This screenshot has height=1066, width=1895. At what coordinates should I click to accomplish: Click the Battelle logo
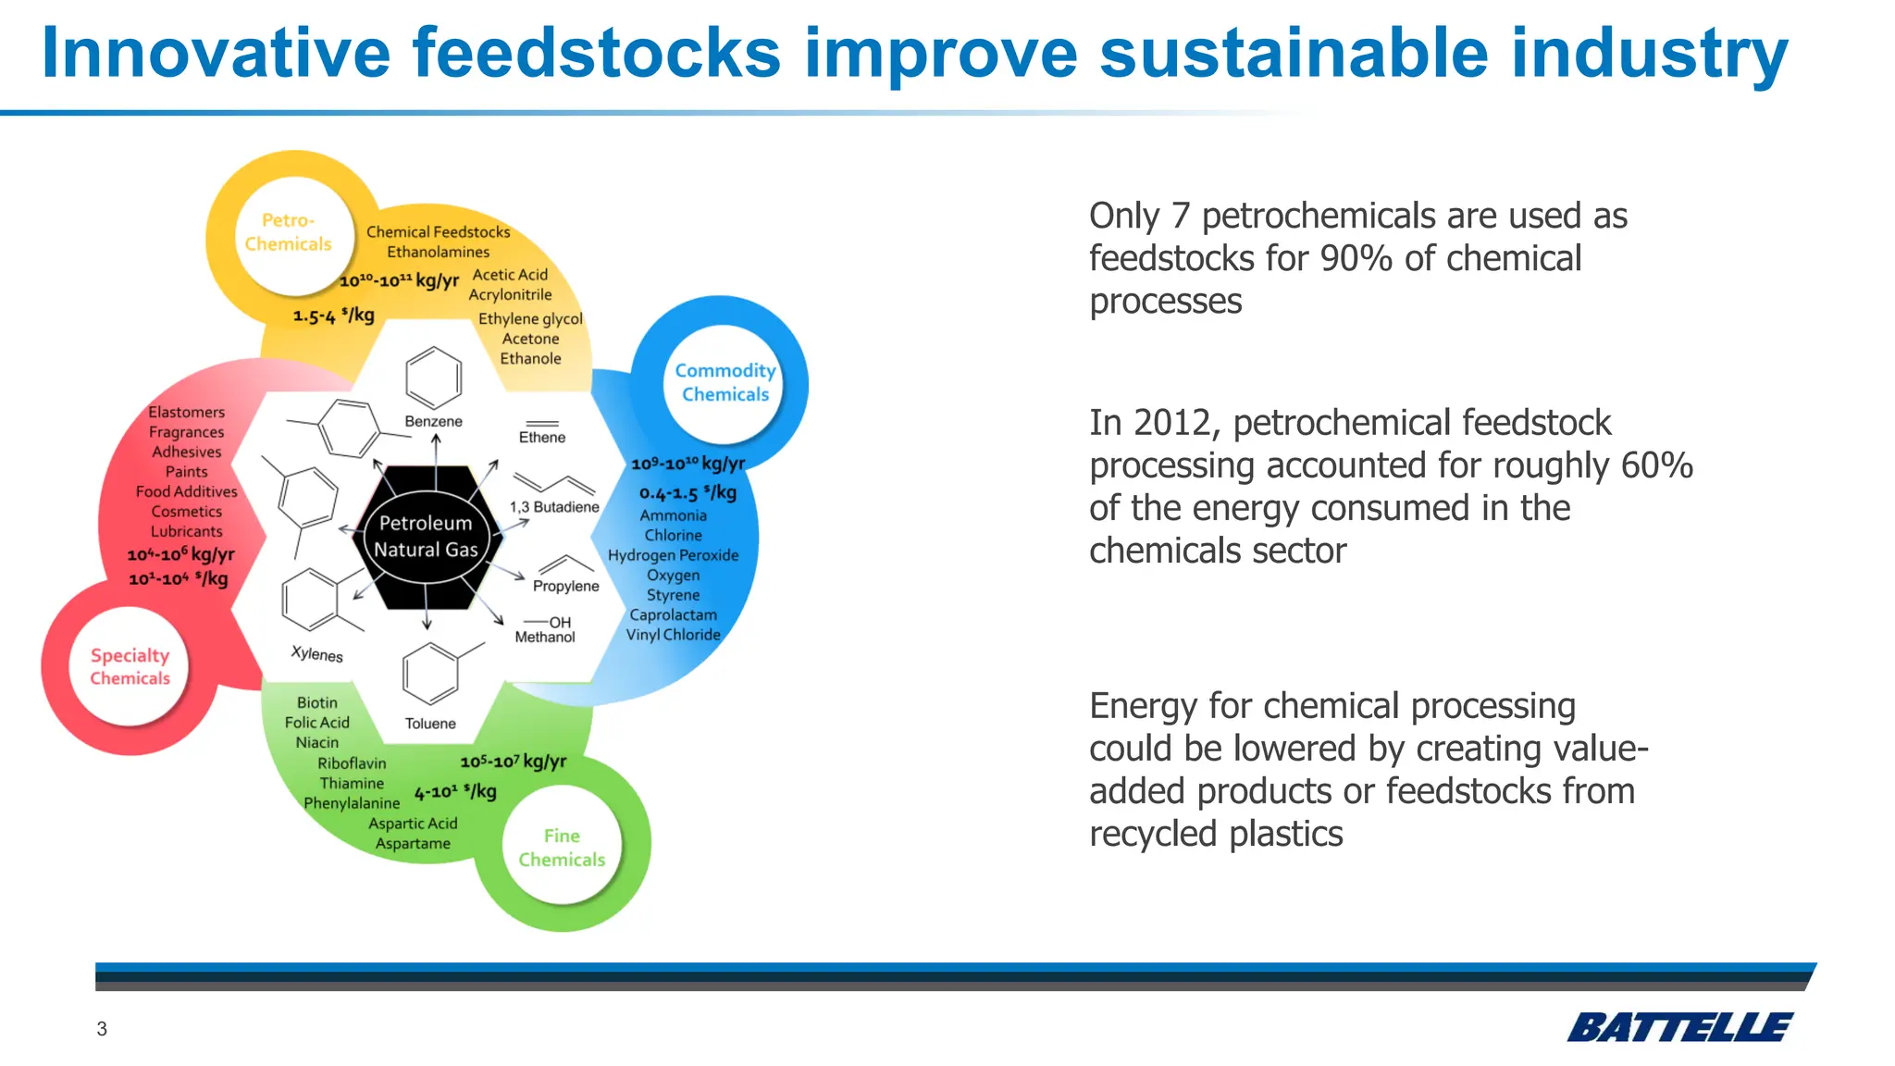pyautogui.click(x=1678, y=1027)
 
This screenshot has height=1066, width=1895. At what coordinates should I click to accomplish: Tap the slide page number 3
pyautogui.click(x=102, y=1029)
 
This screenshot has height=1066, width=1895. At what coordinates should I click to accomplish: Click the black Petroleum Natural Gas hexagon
pyautogui.click(x=426, y=537)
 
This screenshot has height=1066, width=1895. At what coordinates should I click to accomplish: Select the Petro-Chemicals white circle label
pyautogui.click(x=288, y=232)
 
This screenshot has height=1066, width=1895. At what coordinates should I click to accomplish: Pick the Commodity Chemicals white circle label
pyautogui.click(x=725, y=382)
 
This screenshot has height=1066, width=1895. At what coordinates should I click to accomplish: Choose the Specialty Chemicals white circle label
pyautogui.click(x=130, y=666)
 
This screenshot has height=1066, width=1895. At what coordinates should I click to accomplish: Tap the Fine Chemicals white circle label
pyautogui.click(x=562, y=848)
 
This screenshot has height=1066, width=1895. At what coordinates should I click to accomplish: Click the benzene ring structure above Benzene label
pyautogui.click(x=433, y=378)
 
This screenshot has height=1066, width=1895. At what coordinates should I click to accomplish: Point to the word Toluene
pyautogui.click(x=430, y=724)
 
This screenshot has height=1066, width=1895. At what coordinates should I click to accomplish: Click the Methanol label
pyautogui.click(x=545, y=638)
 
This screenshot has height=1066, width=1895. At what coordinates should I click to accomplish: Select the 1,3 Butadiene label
pyautogui.click(x=554, y=507)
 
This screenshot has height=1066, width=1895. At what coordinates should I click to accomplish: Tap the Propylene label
pyautogui.click(x=566, y=587)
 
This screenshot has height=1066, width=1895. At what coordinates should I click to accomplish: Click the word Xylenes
pyautogui.click(x=316, y=654)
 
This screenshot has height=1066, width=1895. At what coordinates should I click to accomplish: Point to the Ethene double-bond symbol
pyautogui.click(x=542, y=424)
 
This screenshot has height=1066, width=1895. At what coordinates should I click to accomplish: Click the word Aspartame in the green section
pyautogui.click(x=413, y=844)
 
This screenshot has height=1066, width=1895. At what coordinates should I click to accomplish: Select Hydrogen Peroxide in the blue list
pyautogui.click(x=673, y=555)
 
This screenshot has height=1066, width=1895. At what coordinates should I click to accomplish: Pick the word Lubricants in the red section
pyautogui.click(x=187, y=531)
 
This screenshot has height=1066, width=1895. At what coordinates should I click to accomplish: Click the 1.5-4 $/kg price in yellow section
pyautogui.click(x=334, y=316)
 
